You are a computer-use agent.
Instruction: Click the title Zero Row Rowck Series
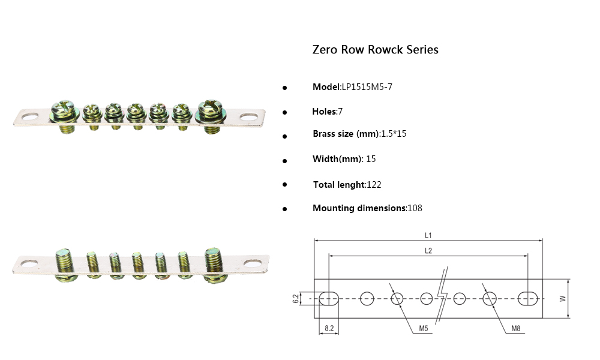pyautogui.click(x=375, y=50)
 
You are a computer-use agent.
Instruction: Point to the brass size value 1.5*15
pyautogui.click(x=394, y=134)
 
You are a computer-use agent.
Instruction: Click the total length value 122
pyautogui.click(x=374, y=185)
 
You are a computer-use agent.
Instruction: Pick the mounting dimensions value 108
pyautogui.click(x=415, y=208)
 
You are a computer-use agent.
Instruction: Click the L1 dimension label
pyautogui.click(x=428, y=235)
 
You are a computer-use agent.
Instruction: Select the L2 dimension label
pyautogui.click(x=428, y=251)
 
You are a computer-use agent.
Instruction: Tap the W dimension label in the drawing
pyautogui.click(x=562, y=298)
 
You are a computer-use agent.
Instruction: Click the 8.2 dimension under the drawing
pyautogui.click(x=329, y=328)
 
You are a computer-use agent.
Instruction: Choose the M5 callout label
pyautogui.click(x=424, y=328)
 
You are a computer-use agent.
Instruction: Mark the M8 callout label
pyautogui.click(x=516, y=328)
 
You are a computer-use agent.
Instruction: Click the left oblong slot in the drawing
pyautogui.click(x=329, y=298)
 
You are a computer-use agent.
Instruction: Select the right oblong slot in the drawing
pyautogui.click(x=528, y=298)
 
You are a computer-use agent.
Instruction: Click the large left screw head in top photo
pyautogui.click(x=64, y=110)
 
